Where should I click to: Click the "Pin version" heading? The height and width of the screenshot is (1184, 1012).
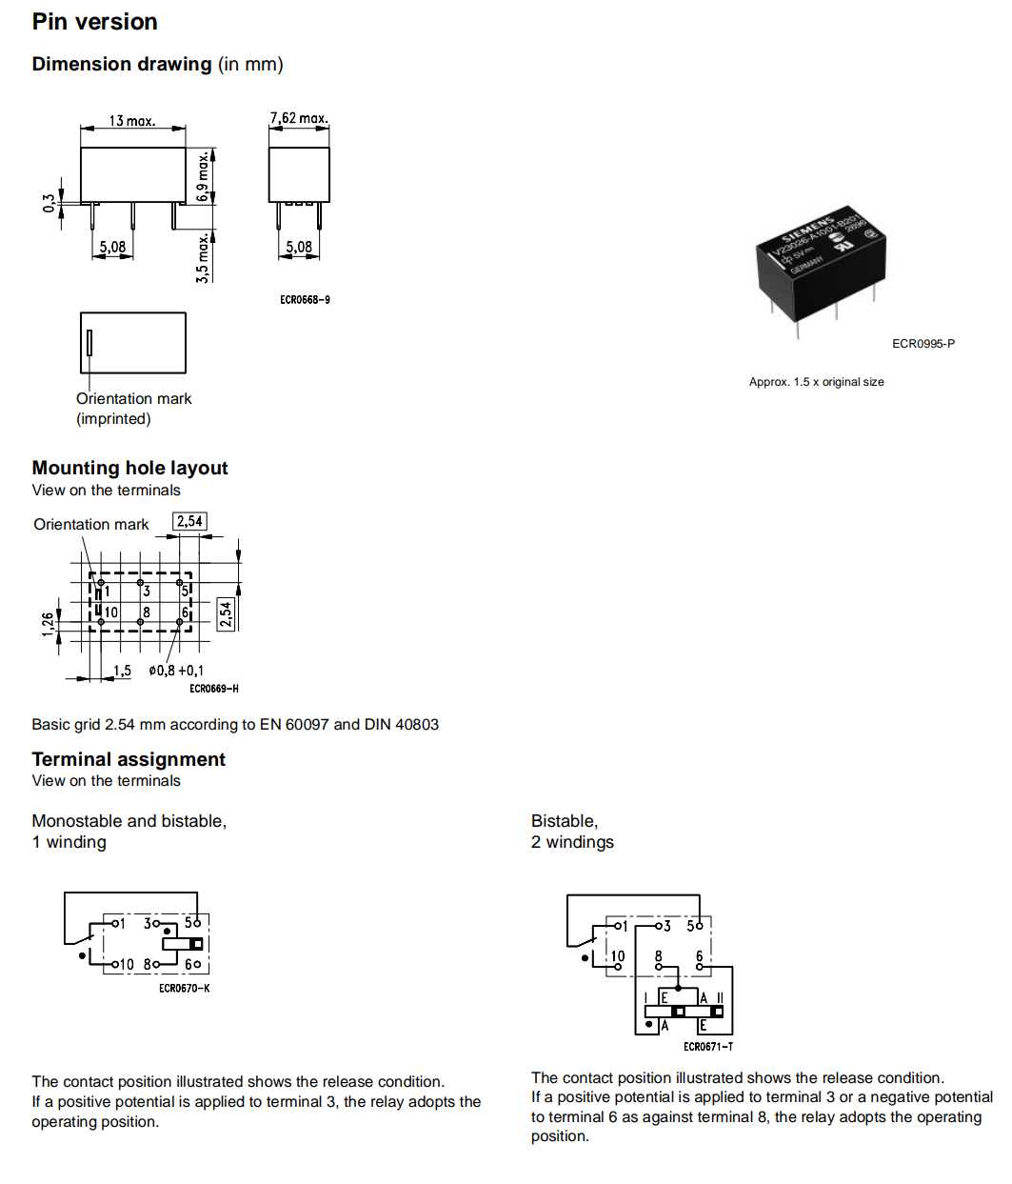click(94, 22)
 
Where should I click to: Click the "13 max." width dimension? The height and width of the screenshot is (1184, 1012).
click(131, 121)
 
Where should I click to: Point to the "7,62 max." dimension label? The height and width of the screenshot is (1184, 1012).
click(299, 118)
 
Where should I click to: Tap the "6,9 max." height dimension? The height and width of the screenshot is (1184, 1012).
click(203, 176)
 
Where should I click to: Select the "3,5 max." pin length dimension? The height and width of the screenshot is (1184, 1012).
click(203, 257)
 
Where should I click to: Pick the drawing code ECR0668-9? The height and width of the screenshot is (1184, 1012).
click(305, 300)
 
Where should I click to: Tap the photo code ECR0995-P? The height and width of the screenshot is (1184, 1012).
click(923, 344)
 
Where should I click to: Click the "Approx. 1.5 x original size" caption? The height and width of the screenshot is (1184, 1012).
click(816, 382)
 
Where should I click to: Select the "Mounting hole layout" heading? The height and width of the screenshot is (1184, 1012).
click(129, 468)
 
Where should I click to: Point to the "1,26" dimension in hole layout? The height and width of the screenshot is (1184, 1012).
click(48, 624)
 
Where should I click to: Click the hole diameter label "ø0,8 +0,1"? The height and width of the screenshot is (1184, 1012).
click(176, 671)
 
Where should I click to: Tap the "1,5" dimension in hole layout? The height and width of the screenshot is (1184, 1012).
click(122, 671)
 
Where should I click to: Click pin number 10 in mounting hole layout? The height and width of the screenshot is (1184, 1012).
click(111, 612)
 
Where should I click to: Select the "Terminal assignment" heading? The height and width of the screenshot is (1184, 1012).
click(129, 759)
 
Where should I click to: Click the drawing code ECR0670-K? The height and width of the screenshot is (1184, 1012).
click(184, 989)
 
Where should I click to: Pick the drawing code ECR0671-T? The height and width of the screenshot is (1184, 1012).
click(708, 1047)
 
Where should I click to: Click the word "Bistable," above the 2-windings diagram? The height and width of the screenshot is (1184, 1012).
click(565, 821)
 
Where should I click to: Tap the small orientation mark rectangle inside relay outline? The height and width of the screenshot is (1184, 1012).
click(89, 342)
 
